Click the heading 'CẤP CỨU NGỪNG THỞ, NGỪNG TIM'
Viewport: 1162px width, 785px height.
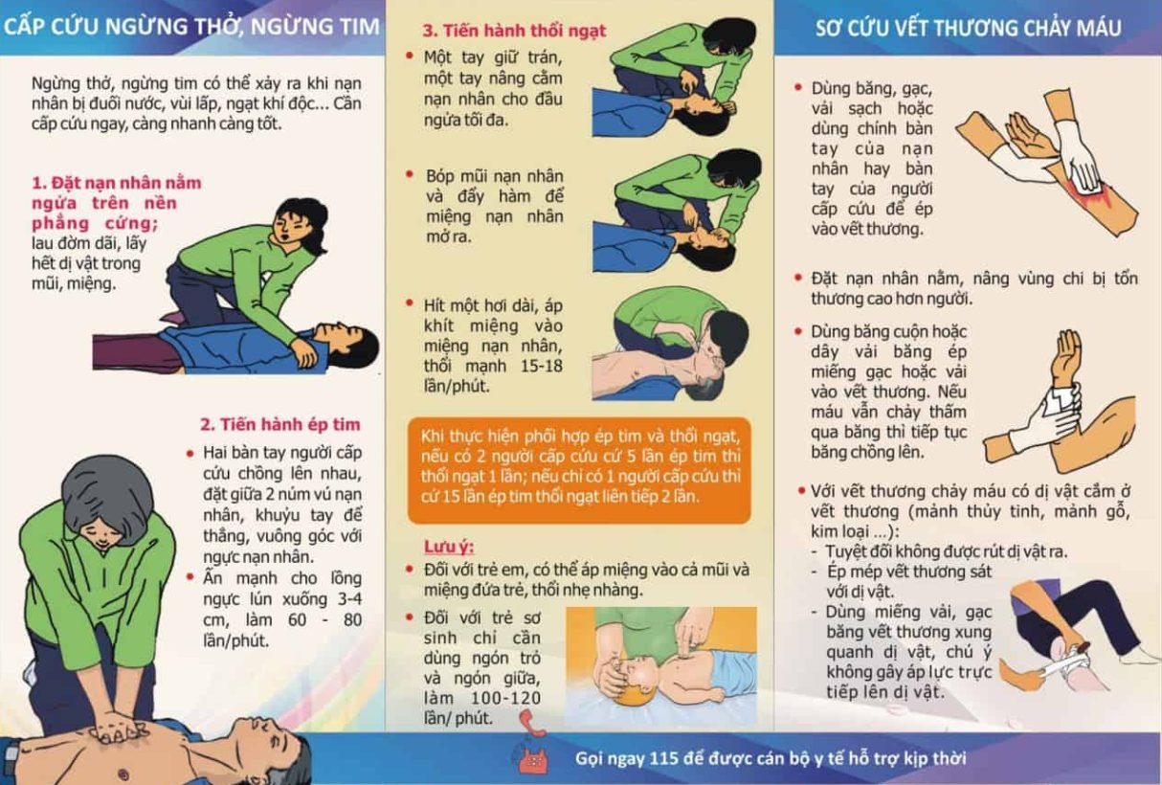(191, 27)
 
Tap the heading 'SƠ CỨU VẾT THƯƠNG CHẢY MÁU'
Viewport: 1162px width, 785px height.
(968, 28)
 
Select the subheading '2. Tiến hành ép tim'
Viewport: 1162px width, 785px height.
(280, 424)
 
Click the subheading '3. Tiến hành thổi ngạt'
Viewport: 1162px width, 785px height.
(514, 31)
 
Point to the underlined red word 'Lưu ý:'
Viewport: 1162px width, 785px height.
(449, 547)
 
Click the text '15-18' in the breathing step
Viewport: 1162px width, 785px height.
(541, 366)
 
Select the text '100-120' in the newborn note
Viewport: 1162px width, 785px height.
(505, 698)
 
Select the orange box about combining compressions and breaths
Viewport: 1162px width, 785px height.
(579, 470)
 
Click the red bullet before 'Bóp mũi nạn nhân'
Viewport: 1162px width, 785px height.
(410, 174)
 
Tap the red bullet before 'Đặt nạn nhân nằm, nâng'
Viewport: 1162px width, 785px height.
(798, 278)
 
